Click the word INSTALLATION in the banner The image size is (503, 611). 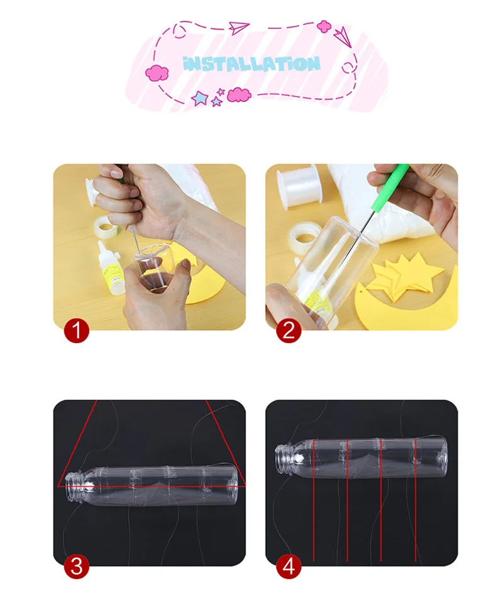pyautogui.click(x=251, y=64)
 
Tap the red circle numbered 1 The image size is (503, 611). pyautogui.click(x=76, y=331)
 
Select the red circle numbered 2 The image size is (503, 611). pyautogui.click(x=289, y=331)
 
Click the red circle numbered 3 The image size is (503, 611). pyautogui.click(x=76, y=566)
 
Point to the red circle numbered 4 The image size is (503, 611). pyautogui.click(x=289, y=566)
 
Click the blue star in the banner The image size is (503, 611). pyautogui.click(x=200, y=98)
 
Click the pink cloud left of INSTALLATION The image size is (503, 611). pyautogui.click(x=157, y=73)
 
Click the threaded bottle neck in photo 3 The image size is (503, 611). pyautogui.click(x=74, y=487)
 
